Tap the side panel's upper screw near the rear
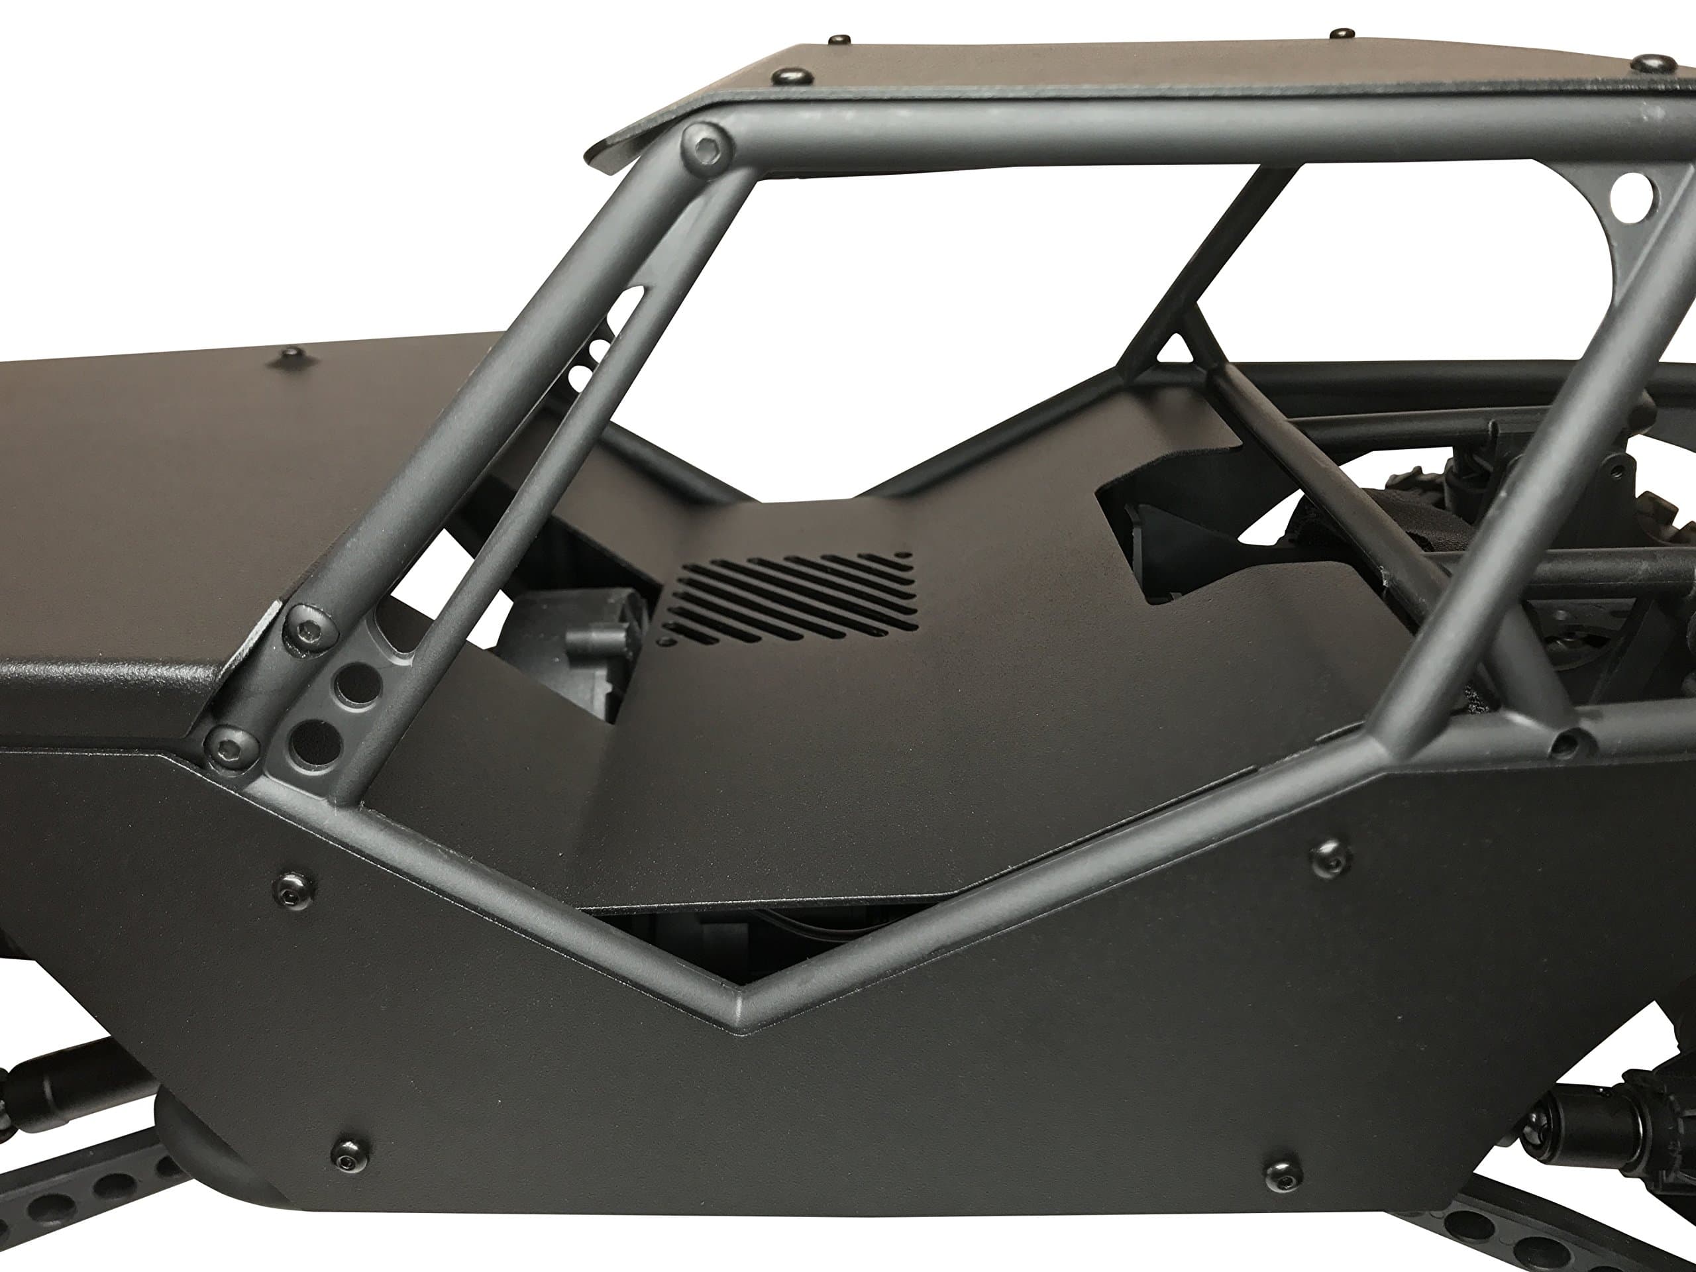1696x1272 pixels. coord(1330,857)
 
